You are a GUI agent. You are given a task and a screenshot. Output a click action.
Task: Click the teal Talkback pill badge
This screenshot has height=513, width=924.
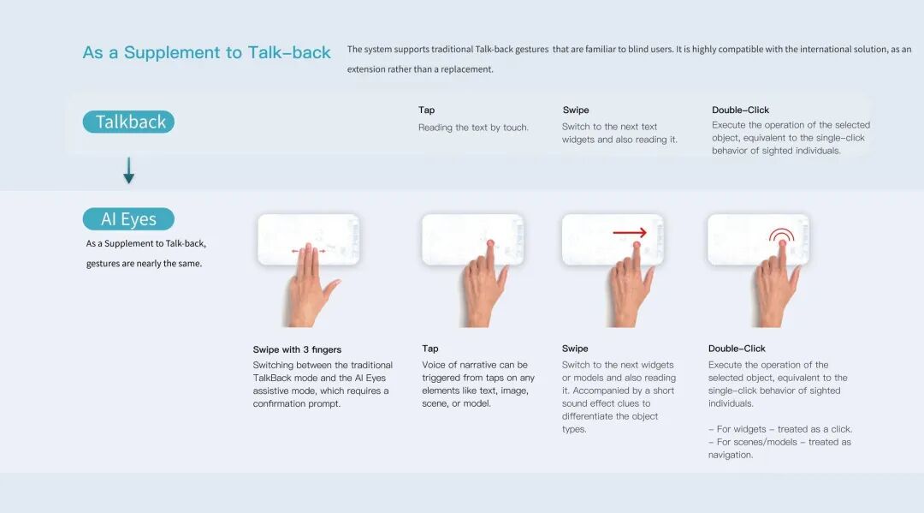(x=128, y=122)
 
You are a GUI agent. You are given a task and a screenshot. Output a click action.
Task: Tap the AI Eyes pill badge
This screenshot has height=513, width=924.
(x=128, y=218)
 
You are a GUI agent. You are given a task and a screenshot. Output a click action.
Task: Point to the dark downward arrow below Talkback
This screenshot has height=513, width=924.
(x=128, y=170)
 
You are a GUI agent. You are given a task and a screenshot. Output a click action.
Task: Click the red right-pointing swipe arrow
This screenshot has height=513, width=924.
(x=630, y=233)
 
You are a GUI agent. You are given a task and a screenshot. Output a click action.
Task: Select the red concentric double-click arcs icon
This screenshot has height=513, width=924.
(x=781, y=234)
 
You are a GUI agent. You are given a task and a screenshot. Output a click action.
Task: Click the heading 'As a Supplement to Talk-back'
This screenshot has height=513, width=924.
(x=206, y=52)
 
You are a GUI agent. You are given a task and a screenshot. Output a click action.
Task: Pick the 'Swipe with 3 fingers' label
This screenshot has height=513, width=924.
(x=297, y=349)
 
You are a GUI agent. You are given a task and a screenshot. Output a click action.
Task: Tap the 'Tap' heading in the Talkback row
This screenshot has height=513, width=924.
(x=427, y=110)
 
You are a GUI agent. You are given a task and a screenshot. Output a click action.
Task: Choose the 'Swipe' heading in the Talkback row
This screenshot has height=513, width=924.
(x=576, y=110)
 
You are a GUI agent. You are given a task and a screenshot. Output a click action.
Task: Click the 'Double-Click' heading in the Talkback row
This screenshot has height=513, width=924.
(x=740, y=110)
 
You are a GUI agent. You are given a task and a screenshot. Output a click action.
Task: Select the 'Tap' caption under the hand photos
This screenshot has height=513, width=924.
(x=430, y=349)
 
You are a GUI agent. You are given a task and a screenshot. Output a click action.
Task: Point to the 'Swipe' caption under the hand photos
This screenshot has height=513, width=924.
(x=575, y=349)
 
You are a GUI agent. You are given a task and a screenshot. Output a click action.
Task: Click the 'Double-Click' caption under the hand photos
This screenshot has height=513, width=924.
(x=737, y=349)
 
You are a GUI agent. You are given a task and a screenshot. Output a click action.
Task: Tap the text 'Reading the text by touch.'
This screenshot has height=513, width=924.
(x=473, y=128)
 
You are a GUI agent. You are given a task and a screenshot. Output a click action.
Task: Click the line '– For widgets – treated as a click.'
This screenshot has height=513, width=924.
(x=780, y=429)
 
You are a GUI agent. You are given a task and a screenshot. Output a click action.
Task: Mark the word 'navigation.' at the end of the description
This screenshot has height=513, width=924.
(x=731, y=456)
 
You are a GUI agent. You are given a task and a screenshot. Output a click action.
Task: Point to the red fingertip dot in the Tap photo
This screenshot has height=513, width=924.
(x=490, y=243)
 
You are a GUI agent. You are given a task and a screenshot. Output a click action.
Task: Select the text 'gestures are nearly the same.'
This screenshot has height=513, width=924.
(x=144, y=264)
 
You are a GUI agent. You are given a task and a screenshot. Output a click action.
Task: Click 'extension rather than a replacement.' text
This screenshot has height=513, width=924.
(x=420, y=69)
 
